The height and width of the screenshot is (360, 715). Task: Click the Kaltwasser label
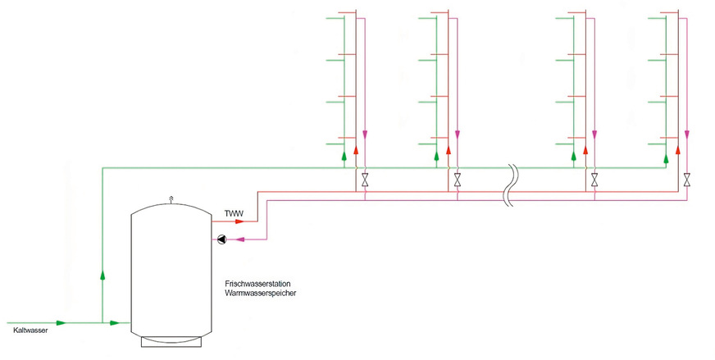click(30, 331)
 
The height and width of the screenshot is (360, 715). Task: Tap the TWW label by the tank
click(234, 214)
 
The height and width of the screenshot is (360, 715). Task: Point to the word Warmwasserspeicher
click(259, 293)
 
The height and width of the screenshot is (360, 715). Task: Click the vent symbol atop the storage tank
click(171, 198)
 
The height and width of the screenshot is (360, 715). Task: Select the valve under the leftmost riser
click(365, 178)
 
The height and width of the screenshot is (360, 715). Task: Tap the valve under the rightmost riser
click(687, 178)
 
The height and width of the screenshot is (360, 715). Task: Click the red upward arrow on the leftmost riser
click(356, 151)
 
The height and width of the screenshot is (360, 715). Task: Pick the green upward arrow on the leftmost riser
click(344, 153)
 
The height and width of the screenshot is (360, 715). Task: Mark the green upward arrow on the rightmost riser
click(666, 153)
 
